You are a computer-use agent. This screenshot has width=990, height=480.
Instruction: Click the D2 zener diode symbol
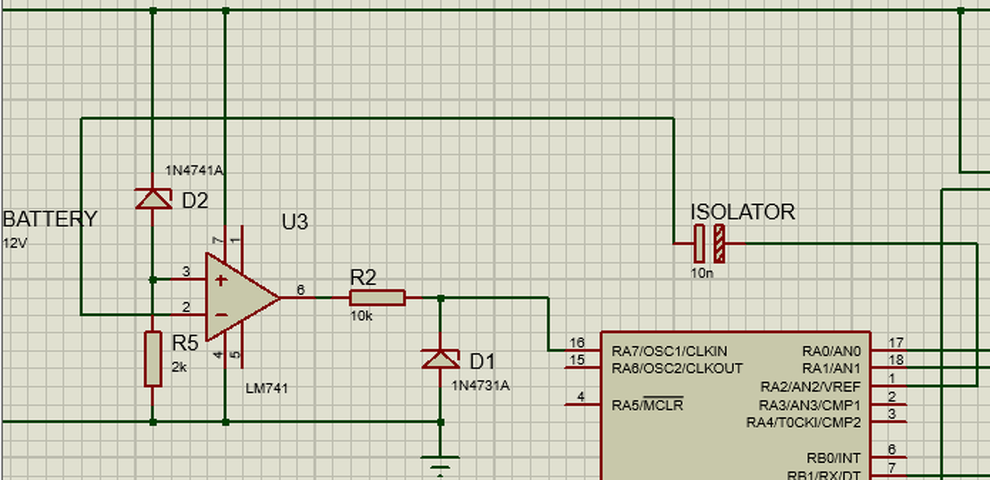click(x=153, y=199)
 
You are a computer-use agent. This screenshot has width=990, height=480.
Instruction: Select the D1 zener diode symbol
click(x=441, y=359)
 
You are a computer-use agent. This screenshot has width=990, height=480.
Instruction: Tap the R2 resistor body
click(x=377, y=298)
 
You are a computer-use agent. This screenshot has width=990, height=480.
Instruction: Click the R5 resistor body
click(x=153, y=359)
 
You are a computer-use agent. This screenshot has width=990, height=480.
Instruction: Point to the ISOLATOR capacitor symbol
click(x=709, y=243)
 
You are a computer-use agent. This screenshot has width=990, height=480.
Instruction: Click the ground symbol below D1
click(x=440, y=466)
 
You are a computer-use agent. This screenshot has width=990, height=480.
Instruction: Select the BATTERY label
click(x=50, y=219)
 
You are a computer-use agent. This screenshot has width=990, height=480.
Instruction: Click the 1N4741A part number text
click(x=194, y=170)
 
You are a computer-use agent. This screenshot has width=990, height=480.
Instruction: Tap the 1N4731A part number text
click(x=480, y=386)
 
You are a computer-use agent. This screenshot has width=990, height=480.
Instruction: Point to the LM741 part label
click(x=267, y=389)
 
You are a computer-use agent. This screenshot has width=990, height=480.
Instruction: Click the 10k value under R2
click(x=361, y=316)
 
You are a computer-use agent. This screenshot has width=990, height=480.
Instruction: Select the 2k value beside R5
click(x=179, y=367)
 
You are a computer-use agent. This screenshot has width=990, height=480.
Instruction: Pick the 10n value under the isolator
click(x=702, y=273)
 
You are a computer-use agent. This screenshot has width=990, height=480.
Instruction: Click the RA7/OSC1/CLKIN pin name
click(x=669, y=351)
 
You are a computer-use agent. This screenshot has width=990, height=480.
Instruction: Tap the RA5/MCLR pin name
click(x=647, y=405)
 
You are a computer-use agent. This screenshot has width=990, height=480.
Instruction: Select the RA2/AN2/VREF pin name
click(x=811, y=387)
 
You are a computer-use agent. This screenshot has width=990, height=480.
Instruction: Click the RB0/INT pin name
click(x=834, y=458)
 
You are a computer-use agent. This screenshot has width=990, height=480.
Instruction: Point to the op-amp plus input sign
click(x=221, y=280)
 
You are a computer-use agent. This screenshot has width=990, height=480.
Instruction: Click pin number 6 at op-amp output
click(x=301, y=290)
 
